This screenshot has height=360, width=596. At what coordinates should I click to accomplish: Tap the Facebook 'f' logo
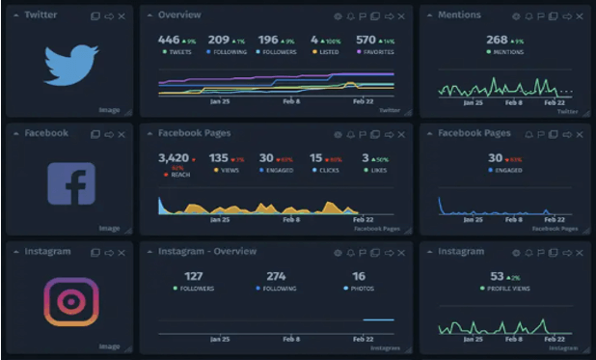tap(71, 183)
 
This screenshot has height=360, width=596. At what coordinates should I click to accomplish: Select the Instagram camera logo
tap(71, 301)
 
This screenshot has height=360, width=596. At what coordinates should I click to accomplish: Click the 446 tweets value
tap(169, 40)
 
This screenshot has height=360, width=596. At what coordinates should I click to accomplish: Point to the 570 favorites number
tap(366, 40)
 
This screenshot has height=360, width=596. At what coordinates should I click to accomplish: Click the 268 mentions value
tap(497, 40)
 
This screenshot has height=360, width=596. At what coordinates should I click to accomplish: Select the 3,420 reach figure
tap(174, 157)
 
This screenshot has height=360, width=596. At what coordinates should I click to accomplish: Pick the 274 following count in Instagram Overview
tap(276, 276)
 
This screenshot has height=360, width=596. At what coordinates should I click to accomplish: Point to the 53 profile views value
tap(497, 276)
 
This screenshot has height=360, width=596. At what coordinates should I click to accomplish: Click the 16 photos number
tap(359, 276)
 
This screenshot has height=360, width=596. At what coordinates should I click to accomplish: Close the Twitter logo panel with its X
tap(122, 16)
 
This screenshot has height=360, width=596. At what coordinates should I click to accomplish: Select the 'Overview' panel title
tap(179, 15)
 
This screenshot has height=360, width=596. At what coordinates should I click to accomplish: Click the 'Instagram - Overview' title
tap(206, 252)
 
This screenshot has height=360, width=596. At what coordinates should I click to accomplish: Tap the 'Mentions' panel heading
tap(459, 15)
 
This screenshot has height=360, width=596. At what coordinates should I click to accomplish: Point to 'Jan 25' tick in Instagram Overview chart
tap(220, 339)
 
